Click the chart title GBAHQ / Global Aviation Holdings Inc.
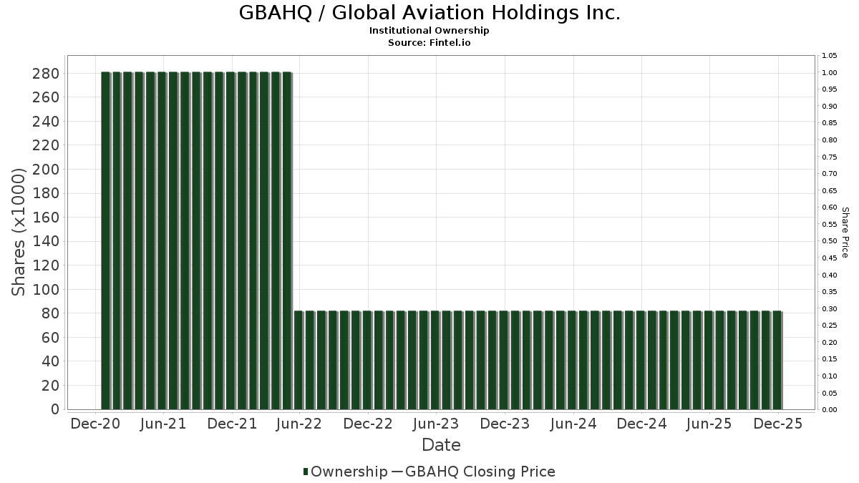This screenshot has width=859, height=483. pyautogui.click(x=429, y=13)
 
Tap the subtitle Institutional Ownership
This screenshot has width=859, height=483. pyautogui.click(x=429, y=31)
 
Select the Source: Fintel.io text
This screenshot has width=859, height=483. pyautogui.click(x=429, y=43)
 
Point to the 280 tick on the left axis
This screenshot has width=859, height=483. pyautogui.click(x=46, y=74)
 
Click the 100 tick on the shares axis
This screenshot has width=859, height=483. pyautogui.click(x=46, y=290)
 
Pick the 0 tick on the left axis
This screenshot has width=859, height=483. pyautogui.click(x=54, y=409)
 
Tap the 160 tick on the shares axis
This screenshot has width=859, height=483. pyautogui.click(x=46, y=218)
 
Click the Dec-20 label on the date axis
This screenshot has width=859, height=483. pyautogui.click(x=95, y=424)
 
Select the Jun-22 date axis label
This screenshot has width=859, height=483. pyautogui.click(x=299, y=424)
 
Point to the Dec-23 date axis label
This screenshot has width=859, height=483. pyautogui.click(x=505, y=424)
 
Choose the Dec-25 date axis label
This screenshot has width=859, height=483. pyautogui.click(x=778, y=424)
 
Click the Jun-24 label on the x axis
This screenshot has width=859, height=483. pyautogui.click(x=573, y=424)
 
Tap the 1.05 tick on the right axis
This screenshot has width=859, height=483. pyautogui.click(x=829, y=56)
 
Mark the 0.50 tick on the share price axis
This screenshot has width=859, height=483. pyautogui.click(x=829, y=241)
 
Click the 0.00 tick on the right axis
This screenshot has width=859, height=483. pyautogui.click(x=829, y=410)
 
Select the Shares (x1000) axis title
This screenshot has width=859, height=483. pyautogui.click(x=19, y=232)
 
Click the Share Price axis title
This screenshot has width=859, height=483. pyautogui.click(x=845, y=233)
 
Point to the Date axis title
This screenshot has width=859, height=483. pyautogui.click(x=441, y=445)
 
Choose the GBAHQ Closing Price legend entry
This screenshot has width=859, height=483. pyautogui.click(x=480, y=472)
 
